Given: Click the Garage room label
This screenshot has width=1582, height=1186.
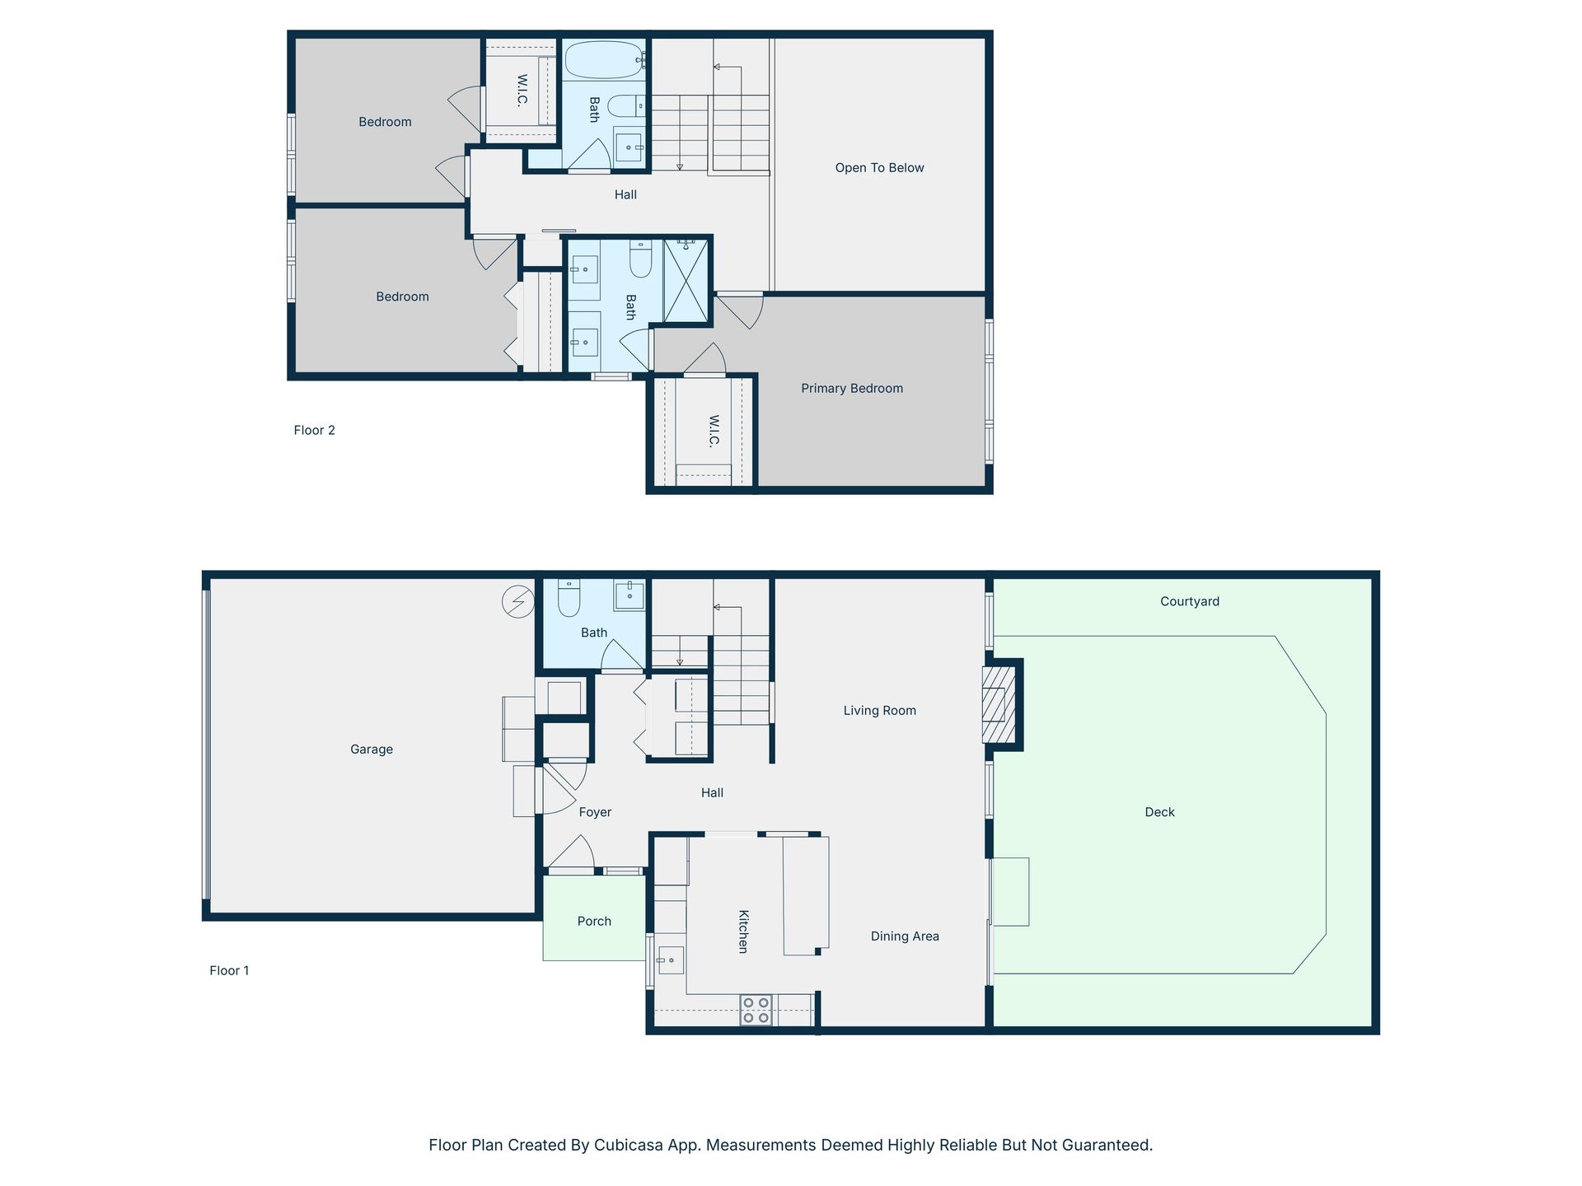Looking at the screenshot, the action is (372, 749).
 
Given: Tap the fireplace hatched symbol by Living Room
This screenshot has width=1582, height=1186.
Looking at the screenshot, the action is (998, 704).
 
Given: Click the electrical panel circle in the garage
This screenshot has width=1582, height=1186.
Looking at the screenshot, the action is (518, 601).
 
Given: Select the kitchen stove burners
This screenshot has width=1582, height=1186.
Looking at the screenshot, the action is (756, 1011).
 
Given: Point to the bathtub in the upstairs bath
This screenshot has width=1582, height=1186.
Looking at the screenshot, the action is (604, 59).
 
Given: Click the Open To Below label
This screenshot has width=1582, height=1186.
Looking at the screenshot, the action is (879, 168).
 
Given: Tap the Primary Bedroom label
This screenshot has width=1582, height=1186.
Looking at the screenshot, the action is (852, 389).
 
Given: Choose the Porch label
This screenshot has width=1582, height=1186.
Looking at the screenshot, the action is (594, 922).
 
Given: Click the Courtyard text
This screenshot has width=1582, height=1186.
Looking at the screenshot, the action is (1190, 602).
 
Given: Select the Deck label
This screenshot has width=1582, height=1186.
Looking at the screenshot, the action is (1159, 812).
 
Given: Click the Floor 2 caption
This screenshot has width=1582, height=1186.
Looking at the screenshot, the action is (314, 430).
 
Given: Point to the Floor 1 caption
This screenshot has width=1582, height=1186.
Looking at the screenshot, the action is (229, 970).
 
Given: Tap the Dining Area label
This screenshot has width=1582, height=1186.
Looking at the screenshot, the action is (905, 936).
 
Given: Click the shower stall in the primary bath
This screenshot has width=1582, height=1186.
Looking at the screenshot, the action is (686, 280).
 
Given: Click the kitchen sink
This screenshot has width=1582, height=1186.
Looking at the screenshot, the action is (671, 960).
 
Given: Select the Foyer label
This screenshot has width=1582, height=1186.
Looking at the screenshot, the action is (595, 813).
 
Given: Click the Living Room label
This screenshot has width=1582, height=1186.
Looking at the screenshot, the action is (879, 711).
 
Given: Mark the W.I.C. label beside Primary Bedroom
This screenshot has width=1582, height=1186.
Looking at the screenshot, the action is (714, 431).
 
